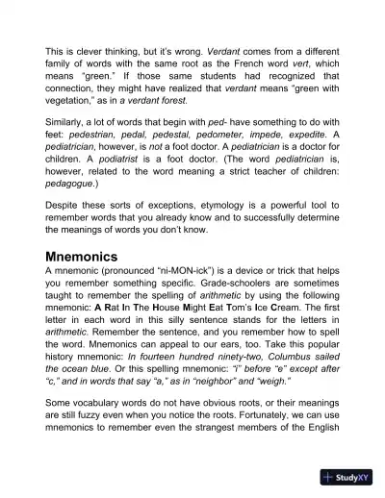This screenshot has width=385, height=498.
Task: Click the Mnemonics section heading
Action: (x=93, y=258)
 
